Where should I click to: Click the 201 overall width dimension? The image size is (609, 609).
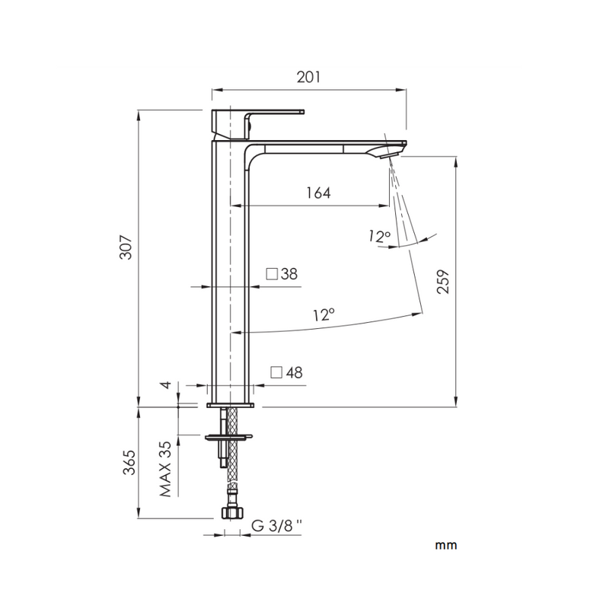pyautogui.click(x=308, y=77)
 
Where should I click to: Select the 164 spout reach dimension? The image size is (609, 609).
pyautogui.click(x=318, y=193)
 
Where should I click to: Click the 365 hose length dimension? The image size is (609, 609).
pyautogui.click(x=127, y=463)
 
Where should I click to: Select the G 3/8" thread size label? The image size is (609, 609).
pyautogui.click(x=276, y=526)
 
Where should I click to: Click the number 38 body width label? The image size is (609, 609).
pyautogui.click(x=289, y=274)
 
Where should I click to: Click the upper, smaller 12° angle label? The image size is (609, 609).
pyautogui.click(x=378, y=238)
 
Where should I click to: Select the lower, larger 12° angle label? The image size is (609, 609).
pyautogui.click(x=324, y=314)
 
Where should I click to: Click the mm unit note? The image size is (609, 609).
pyautogui.click(x=445, y=545)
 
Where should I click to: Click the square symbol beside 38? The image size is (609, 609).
pyautogui.click(x=271, y=274)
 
